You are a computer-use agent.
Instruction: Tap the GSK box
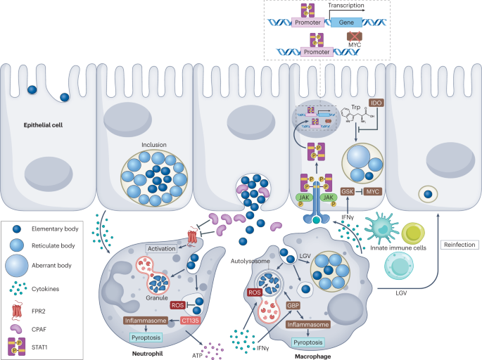[x=347, y=191]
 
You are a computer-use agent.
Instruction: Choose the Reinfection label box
[x=457, y=245]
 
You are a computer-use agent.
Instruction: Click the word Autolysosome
[x=250, y=260]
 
